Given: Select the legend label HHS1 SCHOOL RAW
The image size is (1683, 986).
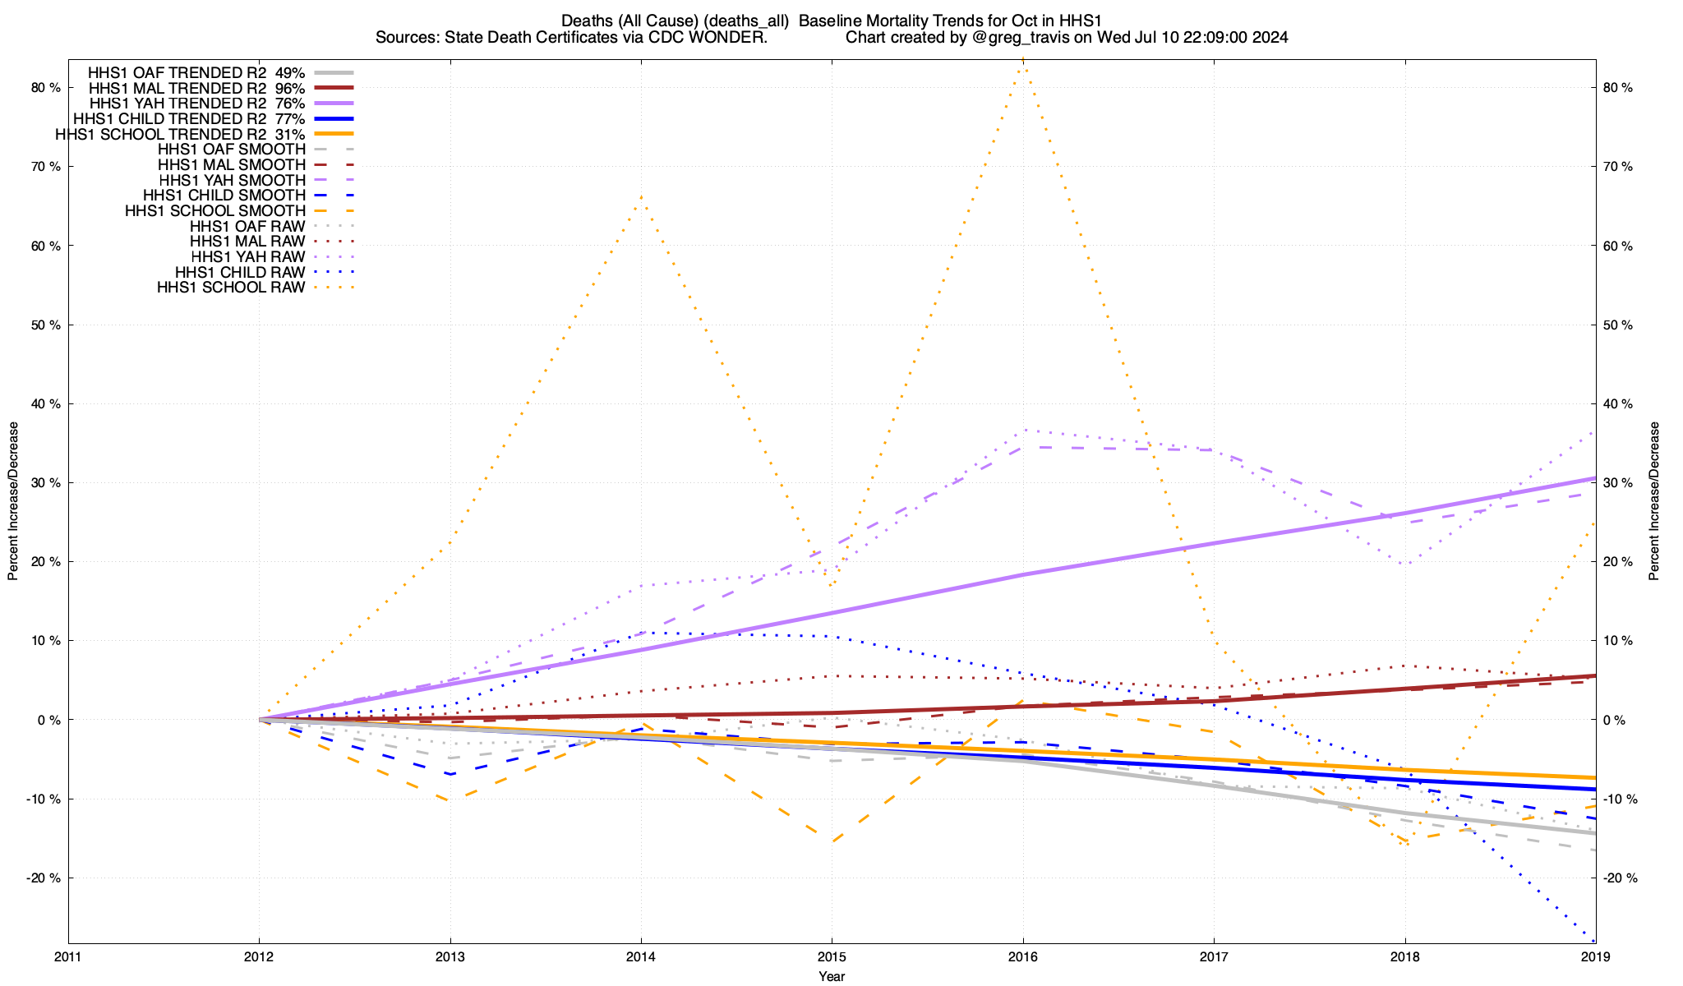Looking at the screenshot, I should click(x=231, y=288).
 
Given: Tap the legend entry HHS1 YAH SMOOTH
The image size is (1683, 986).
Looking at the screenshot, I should click(x=233, y=180).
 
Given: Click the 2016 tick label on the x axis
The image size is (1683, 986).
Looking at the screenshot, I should click(x=1022, y=956).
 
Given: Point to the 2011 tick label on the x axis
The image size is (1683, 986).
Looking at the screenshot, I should click(x=68, y=956).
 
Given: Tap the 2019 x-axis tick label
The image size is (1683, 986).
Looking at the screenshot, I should click(x=1595, y=956).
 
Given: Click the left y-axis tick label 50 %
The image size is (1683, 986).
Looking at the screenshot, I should click(x=45, y=325).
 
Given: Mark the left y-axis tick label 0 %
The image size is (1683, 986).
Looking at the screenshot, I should click(x=49, y=720).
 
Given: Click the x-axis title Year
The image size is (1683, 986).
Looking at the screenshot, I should click(x=832, y=976).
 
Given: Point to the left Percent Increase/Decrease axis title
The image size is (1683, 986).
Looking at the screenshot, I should click(x=13, y=501).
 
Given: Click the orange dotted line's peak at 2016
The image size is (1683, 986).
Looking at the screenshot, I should click(x=1022, y=62).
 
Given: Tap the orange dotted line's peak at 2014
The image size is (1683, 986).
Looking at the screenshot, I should click(x=641, y=196).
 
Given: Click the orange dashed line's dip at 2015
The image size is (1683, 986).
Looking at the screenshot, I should click(x=832, y=842).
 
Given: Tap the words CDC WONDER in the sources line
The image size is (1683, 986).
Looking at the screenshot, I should click(x=723, y=37).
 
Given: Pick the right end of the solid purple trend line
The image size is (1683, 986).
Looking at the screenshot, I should click(x=1594, y=478).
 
